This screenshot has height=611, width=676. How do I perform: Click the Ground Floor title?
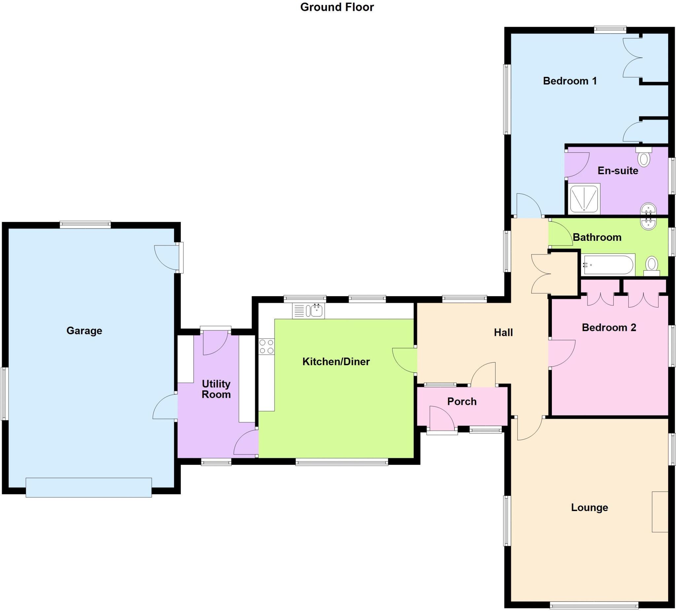coord(337,7)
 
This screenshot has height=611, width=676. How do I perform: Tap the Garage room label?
coord(84,331)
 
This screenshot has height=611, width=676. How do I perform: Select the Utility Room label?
coord(216,389)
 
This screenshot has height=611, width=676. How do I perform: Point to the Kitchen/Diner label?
coord(336,362)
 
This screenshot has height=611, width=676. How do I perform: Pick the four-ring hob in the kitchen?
coord(267,346)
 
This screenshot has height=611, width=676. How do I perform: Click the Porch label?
coord(462,402)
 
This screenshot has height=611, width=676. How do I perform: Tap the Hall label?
coord(503,333)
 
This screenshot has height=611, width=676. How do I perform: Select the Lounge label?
coord(590,507)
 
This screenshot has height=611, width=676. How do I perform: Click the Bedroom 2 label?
coord(609,328)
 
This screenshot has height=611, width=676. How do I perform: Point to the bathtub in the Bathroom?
coord(608,265)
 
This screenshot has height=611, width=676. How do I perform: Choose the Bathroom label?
coord(597,237)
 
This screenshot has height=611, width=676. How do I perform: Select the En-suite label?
coord(618,171)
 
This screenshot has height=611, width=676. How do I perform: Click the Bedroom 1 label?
coord(570,81)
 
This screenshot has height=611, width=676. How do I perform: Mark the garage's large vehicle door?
coord(88,487)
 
